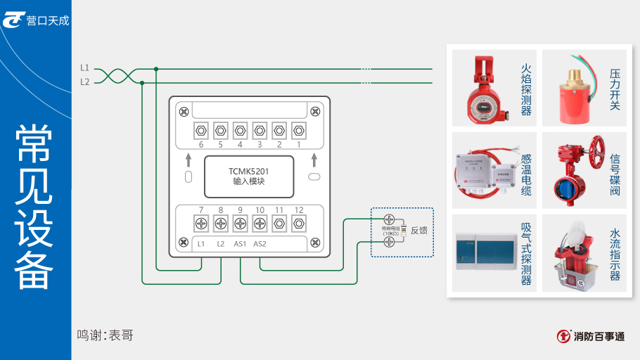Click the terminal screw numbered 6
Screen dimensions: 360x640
pos(201,130)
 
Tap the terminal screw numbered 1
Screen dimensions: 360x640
pos(298,130)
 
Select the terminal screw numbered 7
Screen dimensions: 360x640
pos(201,224)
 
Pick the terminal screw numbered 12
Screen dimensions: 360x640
pos(298,224)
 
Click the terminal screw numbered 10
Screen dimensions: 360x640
pos(260,224)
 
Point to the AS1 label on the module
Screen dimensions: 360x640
pos(241,244)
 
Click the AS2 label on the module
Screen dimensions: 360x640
pos(260,244)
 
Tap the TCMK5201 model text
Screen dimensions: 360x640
pos(249,170)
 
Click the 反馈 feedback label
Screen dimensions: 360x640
pos(419,230)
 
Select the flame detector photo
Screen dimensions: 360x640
pos(480,87)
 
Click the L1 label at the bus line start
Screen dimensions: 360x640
pos(84,68)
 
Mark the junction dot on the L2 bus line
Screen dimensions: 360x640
pos(143,82)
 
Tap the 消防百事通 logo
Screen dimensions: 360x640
pos(589,337)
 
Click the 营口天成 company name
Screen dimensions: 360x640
pos(48,20)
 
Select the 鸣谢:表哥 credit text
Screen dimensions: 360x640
pos(105,335)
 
